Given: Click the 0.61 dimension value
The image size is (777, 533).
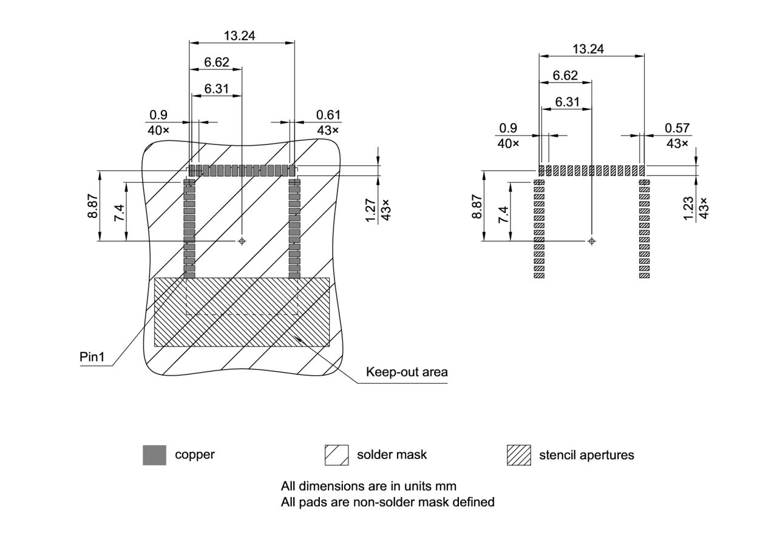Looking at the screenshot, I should [328, 115].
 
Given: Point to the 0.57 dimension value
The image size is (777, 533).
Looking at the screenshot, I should [677, 128].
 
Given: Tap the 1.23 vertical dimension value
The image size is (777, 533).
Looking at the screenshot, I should [688, 208].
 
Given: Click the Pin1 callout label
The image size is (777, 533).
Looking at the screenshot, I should [92, 357].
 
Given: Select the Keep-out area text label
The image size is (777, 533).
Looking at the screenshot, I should [407, 372].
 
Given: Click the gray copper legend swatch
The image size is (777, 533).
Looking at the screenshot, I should [154, 455].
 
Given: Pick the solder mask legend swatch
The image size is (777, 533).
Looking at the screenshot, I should [336, 455].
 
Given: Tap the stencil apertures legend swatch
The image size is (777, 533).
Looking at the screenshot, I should [518, 455].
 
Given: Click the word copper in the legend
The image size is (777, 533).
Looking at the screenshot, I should [195, 454].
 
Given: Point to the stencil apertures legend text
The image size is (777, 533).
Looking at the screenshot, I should [586, 455].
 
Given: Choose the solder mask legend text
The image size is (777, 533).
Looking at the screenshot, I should [392, 454].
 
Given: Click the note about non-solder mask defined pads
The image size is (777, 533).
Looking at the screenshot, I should [387, 502].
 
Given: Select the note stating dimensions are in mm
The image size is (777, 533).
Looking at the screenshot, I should [368, 486].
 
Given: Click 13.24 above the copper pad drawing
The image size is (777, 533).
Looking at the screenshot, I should [239, 35].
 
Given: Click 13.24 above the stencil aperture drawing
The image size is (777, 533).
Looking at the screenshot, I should [588, 49].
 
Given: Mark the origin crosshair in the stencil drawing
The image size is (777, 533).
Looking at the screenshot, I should [592, 242].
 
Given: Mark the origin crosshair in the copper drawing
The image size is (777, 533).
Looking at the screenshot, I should [242, 241].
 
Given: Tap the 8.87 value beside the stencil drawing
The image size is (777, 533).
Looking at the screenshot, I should [477, 206].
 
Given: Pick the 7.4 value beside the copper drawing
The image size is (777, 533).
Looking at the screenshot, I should [119, 214].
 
